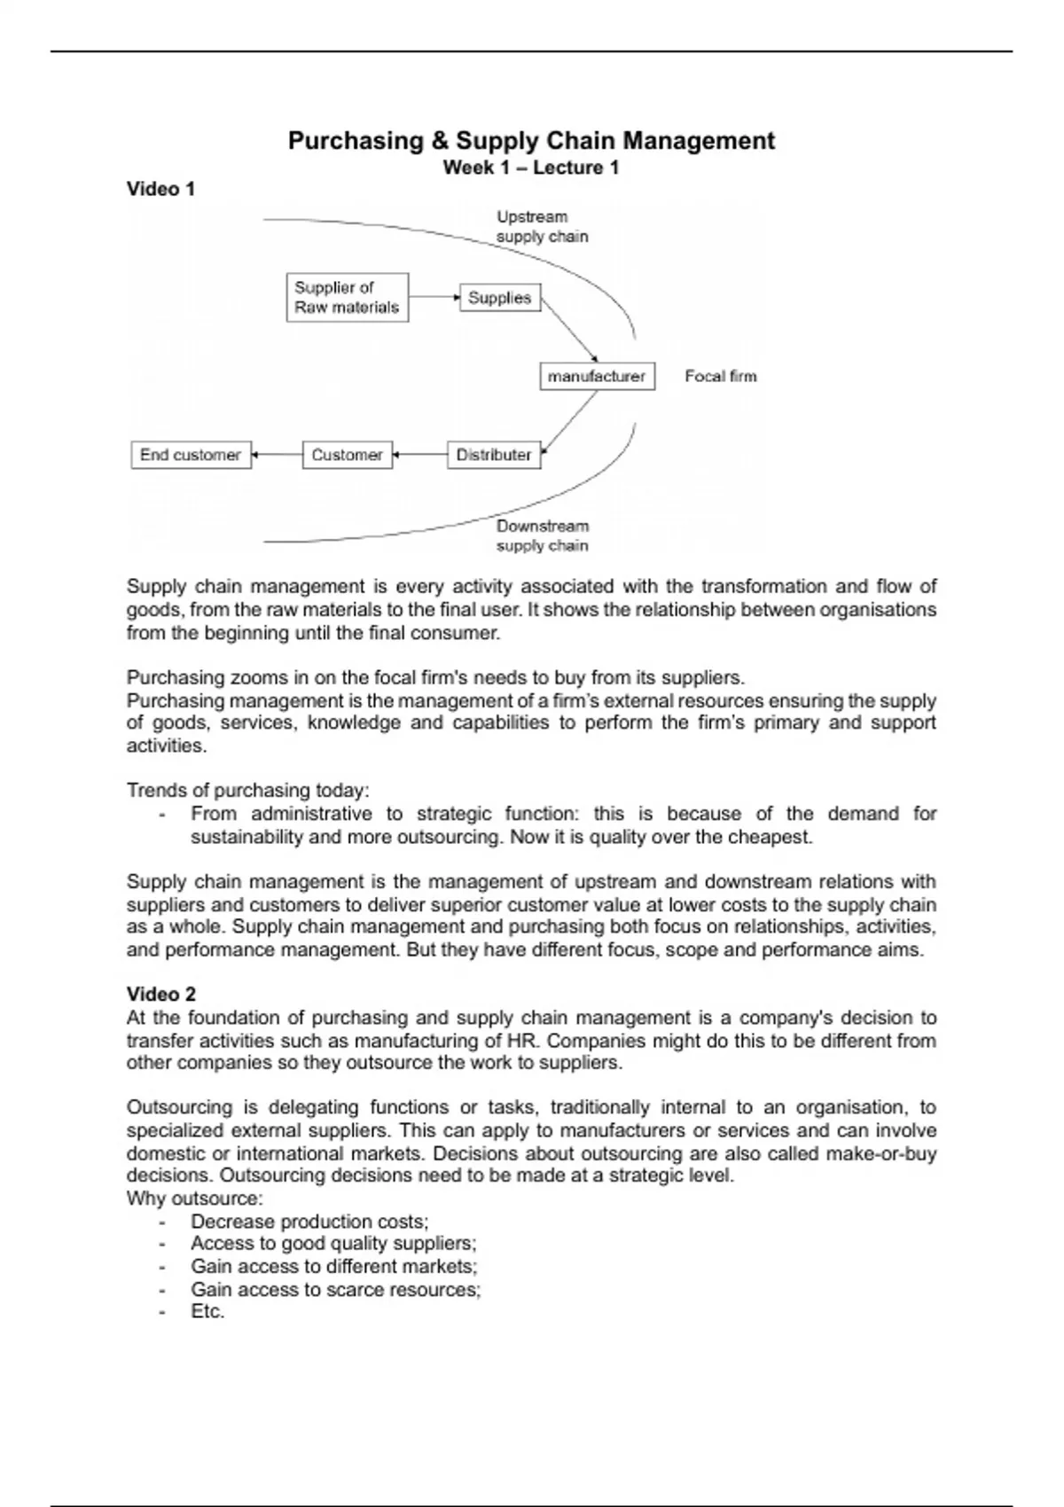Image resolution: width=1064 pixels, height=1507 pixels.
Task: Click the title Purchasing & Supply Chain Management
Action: click(531, 141)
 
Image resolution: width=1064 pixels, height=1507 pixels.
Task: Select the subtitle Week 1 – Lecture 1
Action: click(531, 168)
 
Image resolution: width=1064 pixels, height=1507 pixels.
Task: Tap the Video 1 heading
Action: click(160, 189)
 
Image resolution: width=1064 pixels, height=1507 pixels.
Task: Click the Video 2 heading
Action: click(161, 994)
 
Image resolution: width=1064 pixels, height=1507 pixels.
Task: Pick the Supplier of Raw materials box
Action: click(347, 297)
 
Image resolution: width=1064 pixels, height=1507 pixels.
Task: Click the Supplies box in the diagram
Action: click(499, 298)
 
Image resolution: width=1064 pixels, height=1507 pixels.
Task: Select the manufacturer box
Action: click(597, 376)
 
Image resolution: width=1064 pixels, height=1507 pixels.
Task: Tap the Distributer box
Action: click(493, 455)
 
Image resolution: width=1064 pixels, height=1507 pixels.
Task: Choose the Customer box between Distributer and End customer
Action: click(347, 455)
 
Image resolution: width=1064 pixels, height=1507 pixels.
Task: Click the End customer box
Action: click(191, 455)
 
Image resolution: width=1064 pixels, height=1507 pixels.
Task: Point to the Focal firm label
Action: click(721, 376)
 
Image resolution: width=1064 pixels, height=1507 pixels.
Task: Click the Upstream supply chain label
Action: click(541, 227)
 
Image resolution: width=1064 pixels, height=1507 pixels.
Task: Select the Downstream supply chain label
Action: click(542, 535)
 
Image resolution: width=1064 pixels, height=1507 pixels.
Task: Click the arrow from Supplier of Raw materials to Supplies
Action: click(434, 298)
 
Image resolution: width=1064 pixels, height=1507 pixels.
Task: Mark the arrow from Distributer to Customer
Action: click(420, 455)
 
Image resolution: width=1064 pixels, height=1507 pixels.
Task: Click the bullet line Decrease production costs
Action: click(309, 1221)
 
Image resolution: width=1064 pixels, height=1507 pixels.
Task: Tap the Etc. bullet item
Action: click(207, 1311)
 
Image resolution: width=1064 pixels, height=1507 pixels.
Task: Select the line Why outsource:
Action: click(195, 1199)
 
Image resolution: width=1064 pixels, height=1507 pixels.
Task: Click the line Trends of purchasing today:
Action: click(248, 790)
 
